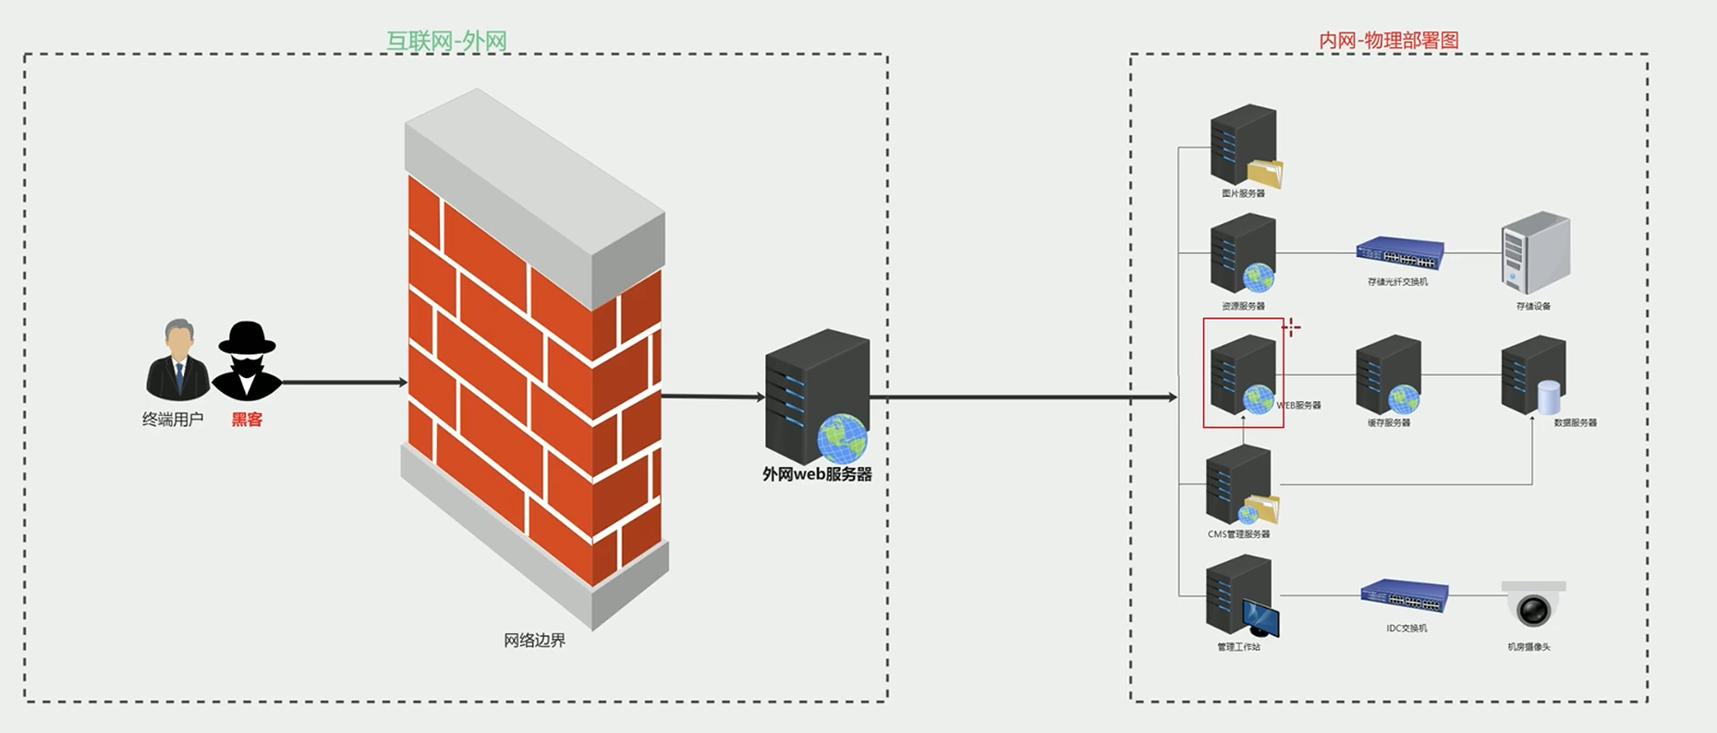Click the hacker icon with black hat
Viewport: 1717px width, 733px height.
(x=247, y=360)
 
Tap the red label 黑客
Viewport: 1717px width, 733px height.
(x=247, y=420)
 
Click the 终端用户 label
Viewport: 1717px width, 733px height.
(x=173, y=420)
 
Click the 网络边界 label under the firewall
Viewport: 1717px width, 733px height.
(x=534, y=640)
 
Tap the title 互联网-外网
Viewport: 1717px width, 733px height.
(x=446, y=41)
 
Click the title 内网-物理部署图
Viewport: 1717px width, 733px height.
(x=1388, y=41)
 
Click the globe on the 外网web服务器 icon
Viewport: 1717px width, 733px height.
(x=842, y=438)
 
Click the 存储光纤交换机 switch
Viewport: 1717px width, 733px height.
(x=1399, y=252)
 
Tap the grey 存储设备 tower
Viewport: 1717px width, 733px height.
(x=1535, y=252)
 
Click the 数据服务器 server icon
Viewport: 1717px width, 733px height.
(x=1533, y=374)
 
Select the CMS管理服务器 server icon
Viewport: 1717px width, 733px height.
(x=1239, y=485)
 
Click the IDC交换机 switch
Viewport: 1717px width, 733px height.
(x=1404, y=595)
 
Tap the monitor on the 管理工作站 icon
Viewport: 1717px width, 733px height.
(x=1261, y=617)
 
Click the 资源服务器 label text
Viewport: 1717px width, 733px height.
(x=1243, y=306)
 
